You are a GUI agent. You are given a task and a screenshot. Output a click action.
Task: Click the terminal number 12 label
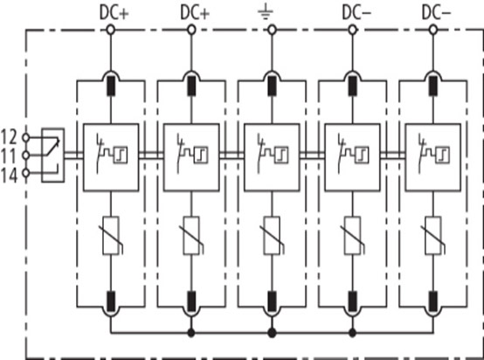[9, 137]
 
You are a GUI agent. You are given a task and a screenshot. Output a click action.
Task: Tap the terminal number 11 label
[9, 156]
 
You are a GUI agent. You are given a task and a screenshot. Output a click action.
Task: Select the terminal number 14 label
[9, 176]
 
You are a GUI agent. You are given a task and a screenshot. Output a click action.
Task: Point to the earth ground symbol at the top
[266, 14]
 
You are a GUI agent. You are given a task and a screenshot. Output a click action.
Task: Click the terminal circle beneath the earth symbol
[272, 30]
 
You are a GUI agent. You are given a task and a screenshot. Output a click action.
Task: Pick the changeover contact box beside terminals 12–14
[53, 155]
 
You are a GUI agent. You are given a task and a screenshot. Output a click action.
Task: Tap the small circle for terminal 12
[26, 137]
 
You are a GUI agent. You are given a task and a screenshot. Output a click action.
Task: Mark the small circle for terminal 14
[26, 173]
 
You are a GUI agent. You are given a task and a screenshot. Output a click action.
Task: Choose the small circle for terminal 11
[26, 156]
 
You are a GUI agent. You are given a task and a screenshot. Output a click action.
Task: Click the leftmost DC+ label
[114, 13]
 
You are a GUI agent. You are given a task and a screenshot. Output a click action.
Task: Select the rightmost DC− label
[436, 13]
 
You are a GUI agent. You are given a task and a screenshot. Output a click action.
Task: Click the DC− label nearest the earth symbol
[356, 13]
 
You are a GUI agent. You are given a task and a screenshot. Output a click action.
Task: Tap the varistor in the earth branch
[272, 236]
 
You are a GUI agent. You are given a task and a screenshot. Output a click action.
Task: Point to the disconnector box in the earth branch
[272, 157]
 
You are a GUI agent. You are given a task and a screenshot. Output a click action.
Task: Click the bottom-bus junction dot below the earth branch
[272, 333]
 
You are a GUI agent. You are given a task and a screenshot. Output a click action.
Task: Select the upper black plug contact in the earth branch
[272, 86]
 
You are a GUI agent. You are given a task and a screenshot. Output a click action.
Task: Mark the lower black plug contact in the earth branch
[272, 301]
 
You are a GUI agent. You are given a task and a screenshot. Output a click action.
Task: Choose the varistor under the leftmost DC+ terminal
[111, 236]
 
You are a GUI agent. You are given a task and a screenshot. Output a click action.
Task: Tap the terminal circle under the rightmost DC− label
[433, 30]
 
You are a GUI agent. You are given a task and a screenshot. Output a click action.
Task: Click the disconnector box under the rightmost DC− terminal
[433, 157]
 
